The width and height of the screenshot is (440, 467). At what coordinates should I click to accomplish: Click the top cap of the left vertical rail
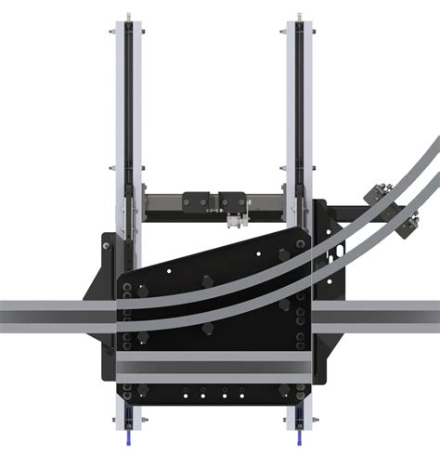[x=124, y=17]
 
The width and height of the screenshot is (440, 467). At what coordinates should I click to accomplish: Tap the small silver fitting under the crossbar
[x=233, y=221]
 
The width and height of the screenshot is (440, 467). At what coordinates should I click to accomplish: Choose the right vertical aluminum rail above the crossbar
[x=301, y=102]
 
